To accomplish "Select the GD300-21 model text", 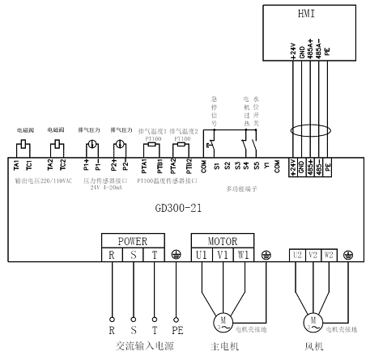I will [x=177, y=207].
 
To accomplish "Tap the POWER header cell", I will [x=133, y=240].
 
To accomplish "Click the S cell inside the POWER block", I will [x=133, y=254].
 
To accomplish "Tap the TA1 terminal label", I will [x=17, y=166].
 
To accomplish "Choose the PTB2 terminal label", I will [x=189, y=166].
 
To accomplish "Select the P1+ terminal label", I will [x=86, y=166].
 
